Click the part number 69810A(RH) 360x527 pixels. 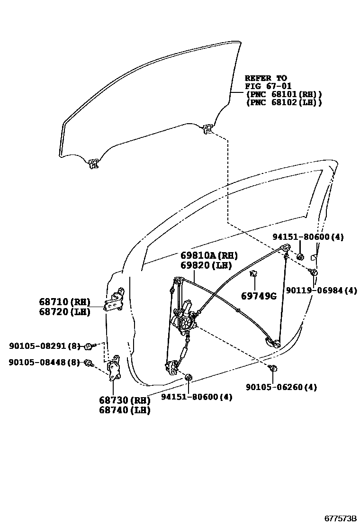(x=208, y=256)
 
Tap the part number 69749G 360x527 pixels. (x=258, y=296)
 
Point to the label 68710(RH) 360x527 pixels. (x=64, y=302)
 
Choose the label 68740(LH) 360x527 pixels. (x=125, y=410)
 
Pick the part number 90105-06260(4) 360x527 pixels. (x=281, y=387)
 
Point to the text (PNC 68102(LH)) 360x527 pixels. (x=283, y=102)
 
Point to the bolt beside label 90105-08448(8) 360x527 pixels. (x=88, y=363)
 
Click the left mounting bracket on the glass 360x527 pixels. (x=93, y=164)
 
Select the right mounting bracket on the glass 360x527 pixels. (x=207, y=128)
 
